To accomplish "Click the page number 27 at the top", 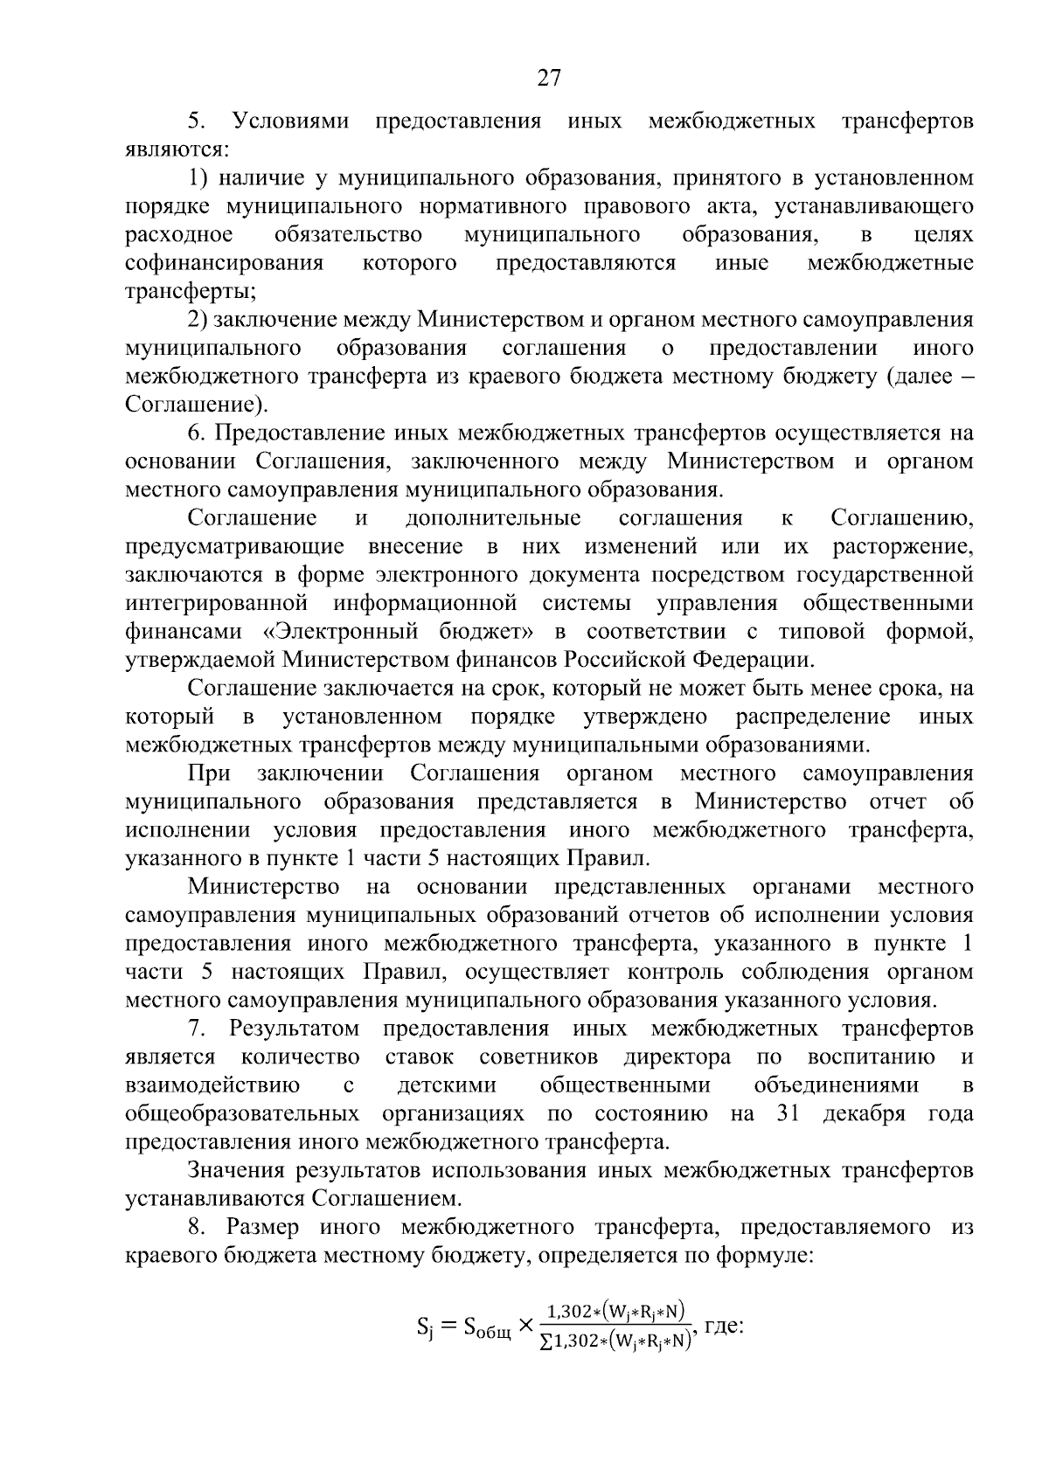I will click(x=548, y=79).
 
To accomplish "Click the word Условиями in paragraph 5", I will click(x=289, y=121).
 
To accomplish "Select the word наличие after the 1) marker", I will click(x=260, y=178).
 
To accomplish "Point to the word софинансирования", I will click(x=225, y=263).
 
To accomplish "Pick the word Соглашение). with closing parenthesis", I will click(x=198, y=405).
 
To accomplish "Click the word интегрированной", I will click(x=217, y=603).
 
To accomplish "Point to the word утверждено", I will click(x=645, y=717).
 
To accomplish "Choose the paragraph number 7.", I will click(x=195, y=1029).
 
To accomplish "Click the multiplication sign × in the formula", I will click(x=525, y=1327).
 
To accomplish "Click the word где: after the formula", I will click(x=723, y=1326).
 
